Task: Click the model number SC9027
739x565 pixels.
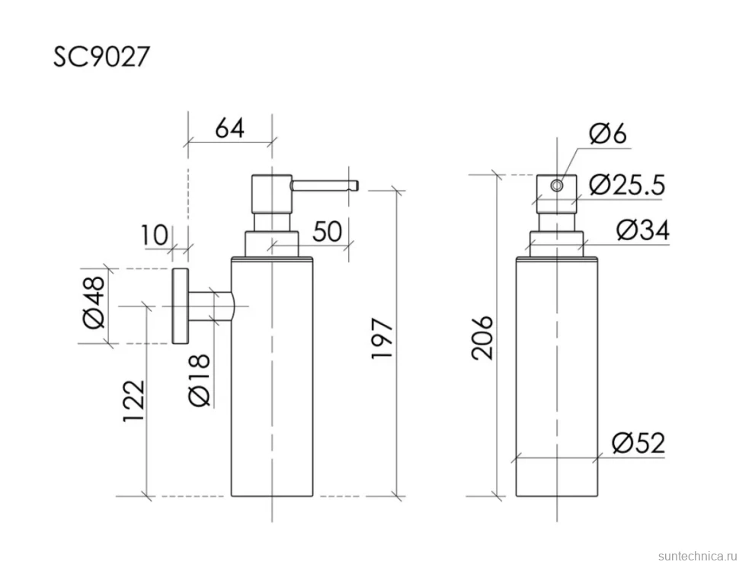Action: point(101,56)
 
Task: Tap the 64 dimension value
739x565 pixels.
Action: point(229,128)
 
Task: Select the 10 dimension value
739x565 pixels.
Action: point(154,235)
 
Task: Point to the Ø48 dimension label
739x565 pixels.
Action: point(93,302)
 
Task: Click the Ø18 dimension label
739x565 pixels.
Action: point(198,380)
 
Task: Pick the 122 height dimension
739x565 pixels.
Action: point(133,400)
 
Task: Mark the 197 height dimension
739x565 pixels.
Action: point(382,339)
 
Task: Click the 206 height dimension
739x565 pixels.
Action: point(481,338)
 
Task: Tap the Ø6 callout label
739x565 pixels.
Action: point(608,134)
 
